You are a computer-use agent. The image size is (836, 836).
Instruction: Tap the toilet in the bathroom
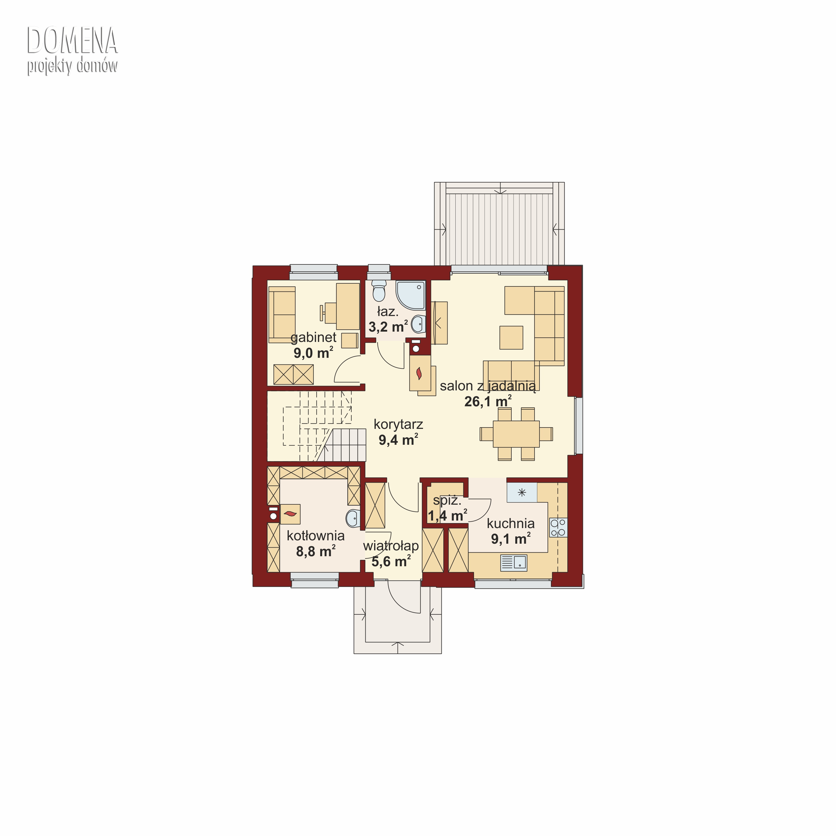(379, 290)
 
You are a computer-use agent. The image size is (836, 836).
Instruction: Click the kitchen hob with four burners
(558, 528)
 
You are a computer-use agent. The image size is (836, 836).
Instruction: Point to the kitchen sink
(514, 563)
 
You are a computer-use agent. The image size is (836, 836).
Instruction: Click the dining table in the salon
(516, 434)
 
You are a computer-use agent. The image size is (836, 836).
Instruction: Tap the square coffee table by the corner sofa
(511, 337)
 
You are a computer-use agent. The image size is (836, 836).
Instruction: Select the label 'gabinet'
(313, 337)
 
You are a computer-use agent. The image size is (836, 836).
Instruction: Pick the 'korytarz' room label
(398, 424)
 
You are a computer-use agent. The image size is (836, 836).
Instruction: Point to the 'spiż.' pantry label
(447, 501)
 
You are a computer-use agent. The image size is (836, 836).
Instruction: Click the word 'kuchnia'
(511, 524)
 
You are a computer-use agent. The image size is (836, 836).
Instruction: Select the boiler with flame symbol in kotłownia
(290, 514)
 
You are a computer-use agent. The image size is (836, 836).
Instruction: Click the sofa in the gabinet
(282, 315)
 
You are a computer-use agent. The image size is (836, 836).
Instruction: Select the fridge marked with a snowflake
(522, 492)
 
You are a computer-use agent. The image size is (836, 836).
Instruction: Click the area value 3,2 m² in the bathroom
(388, 327)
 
